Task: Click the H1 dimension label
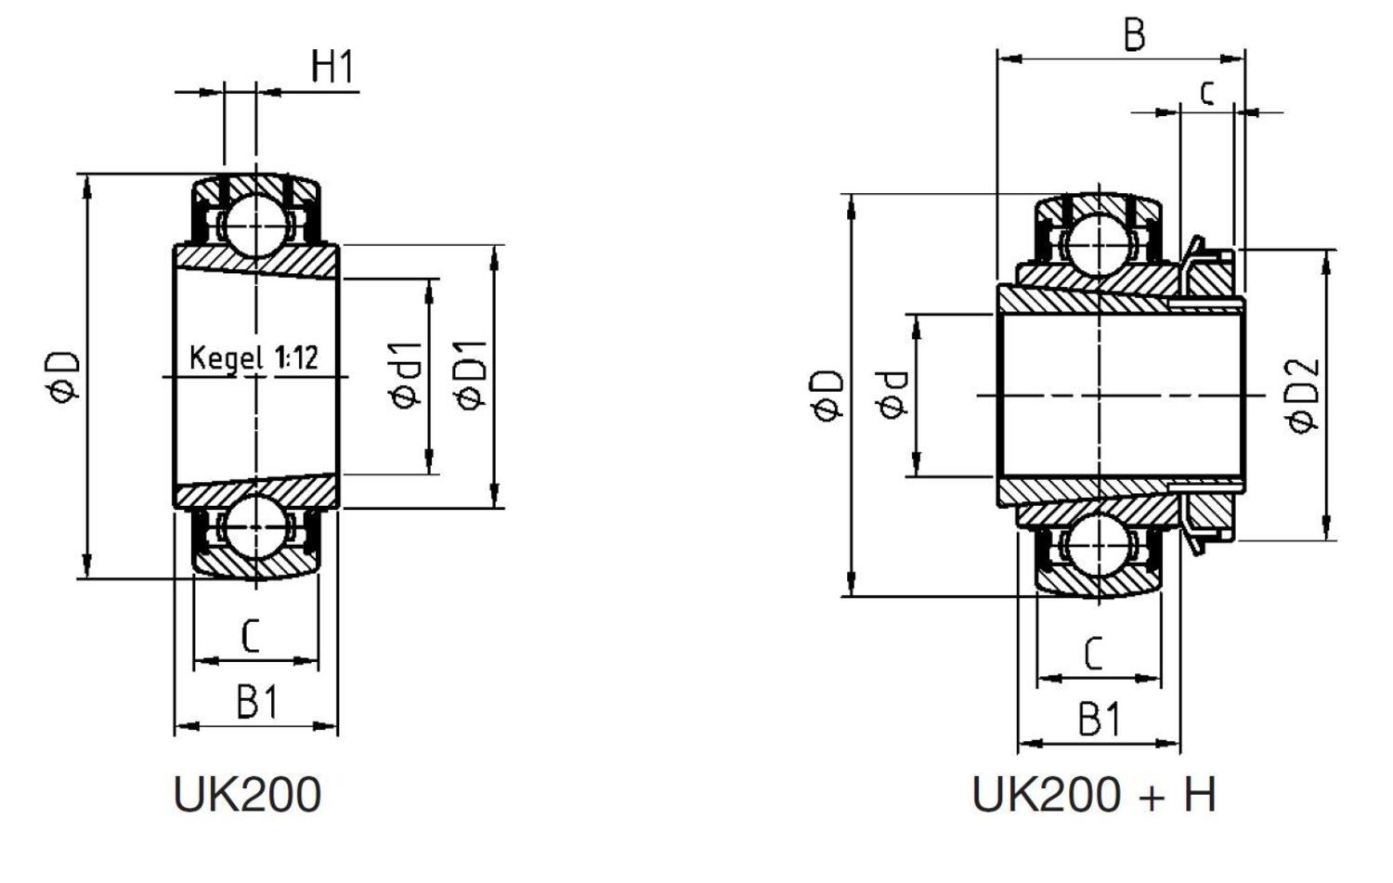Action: tap(332, 67)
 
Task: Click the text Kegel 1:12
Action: tap(254, 357)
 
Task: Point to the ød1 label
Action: tap(407, 375)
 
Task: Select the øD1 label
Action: tap(471, 375)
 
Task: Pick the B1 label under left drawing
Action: tap(256, 702)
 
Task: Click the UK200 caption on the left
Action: tap(247, 795)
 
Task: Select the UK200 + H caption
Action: tap(1093, 795)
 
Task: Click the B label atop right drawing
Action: tap(1134, 35)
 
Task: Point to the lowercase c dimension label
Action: tap(1206, 92)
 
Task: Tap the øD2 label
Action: tap(1304, 394)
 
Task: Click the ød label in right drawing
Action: tap(891, 395)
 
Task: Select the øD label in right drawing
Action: tap(828, 395)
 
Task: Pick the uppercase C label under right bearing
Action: tap(1094, 654)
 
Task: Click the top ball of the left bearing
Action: tap(254, 226)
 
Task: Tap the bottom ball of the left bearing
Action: tap(254, 526)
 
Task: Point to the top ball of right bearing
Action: tap(1098, 245)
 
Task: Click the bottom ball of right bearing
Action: tap(1098, 545)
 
